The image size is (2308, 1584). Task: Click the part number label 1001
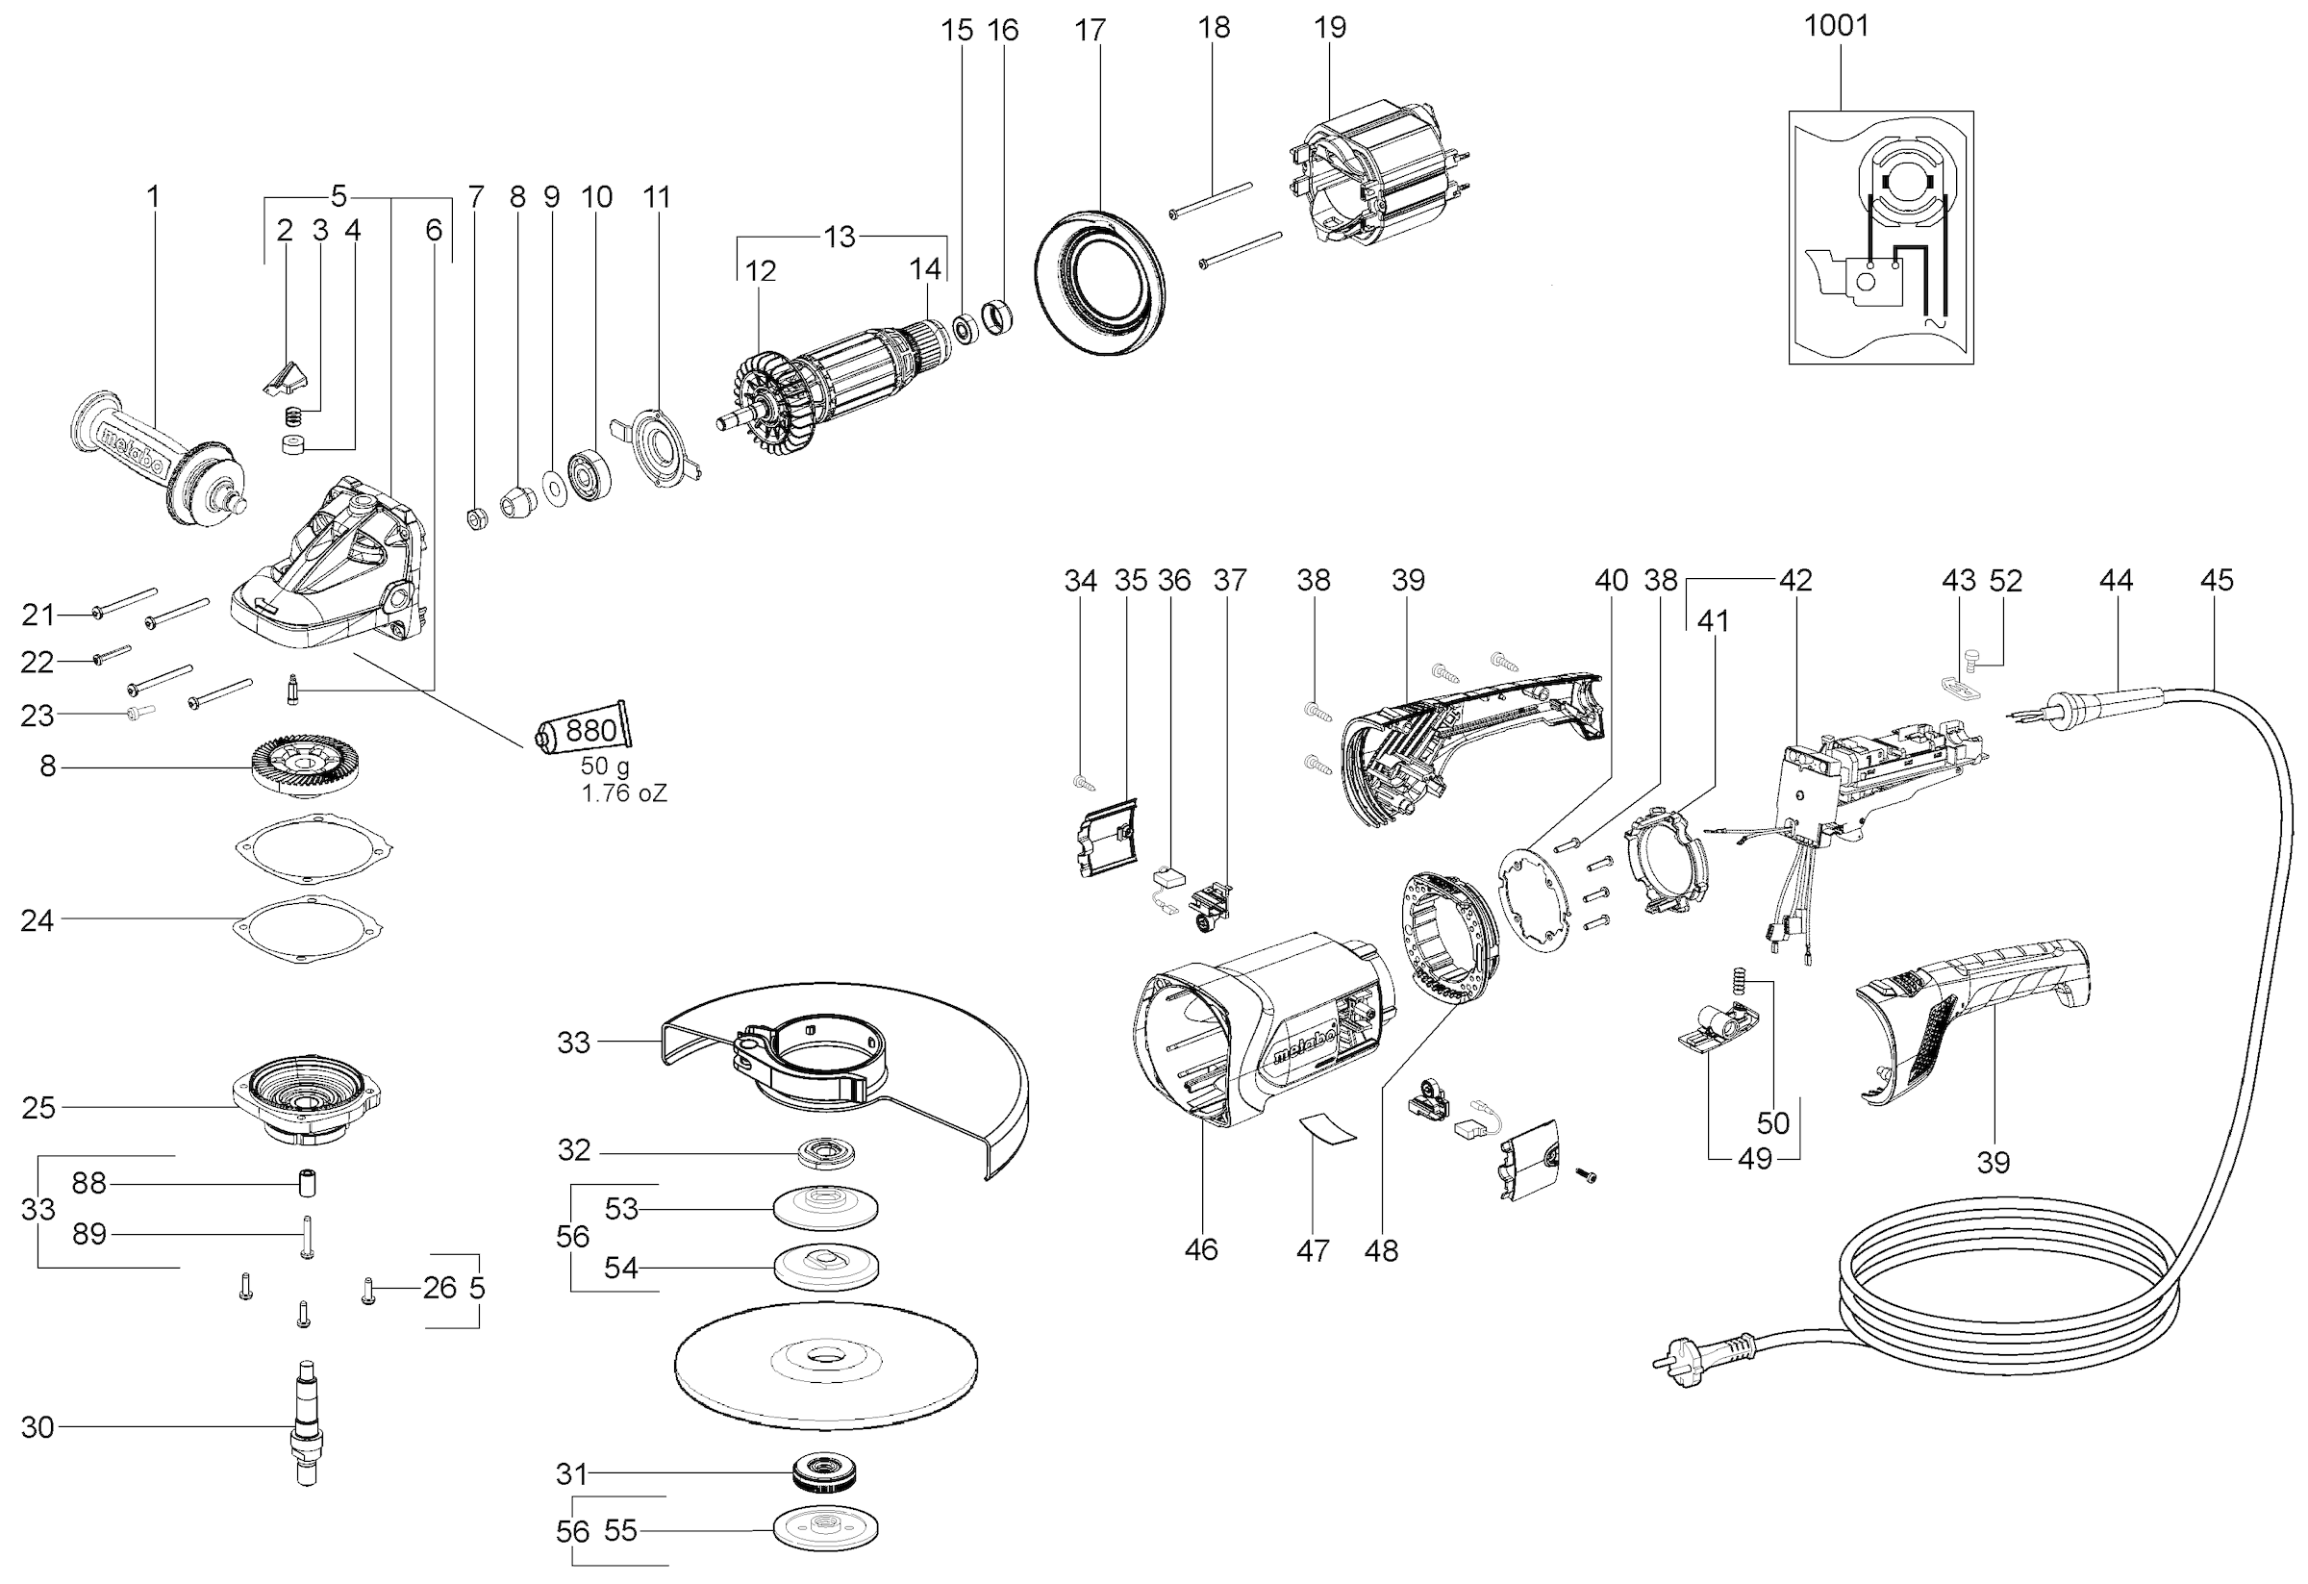tap(1836, 26)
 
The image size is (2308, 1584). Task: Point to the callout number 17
tap(1090, 31)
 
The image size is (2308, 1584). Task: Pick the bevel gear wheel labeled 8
tap(304, 765)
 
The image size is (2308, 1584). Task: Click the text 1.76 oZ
tap(624, 792)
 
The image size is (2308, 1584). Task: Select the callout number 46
tap(1201, 1249)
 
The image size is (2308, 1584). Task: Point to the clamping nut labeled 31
tap(825, 1471)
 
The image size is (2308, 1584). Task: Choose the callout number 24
tap(37, 920)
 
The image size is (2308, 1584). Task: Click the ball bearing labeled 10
tap(590, 476)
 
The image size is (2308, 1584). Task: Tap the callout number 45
tap(2217, 580)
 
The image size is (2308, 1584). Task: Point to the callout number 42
tap(1795, 580)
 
